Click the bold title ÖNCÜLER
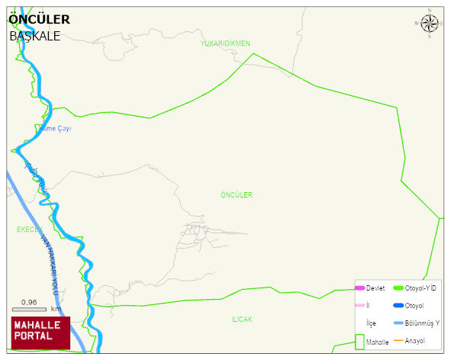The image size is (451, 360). click(39, 19)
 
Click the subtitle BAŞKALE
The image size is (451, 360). click(34, 36)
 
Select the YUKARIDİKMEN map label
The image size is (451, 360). click(225, 43)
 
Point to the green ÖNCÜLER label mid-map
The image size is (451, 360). click(236, 195)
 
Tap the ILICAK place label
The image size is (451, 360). click(242, 319)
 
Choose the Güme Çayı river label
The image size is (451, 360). click(55, 129)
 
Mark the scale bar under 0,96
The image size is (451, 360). click(29, 309)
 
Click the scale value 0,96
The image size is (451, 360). click(29, 302)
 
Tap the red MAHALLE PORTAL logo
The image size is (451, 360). click(40, 333)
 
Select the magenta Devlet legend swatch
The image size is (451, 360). click(359, 288)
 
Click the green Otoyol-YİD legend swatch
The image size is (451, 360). click(398, 288)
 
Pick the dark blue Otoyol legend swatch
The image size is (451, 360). click(398, 306)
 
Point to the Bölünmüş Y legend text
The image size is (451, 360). click(422, 323)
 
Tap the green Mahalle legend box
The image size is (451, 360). click(359, 342)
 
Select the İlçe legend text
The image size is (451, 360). click(371, 323)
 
